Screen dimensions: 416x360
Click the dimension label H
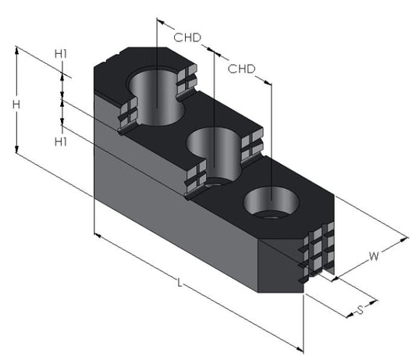[16, 105]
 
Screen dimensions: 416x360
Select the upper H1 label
[61, 54]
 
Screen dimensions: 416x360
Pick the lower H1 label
[61, 142]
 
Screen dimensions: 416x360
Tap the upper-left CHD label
[187, 37]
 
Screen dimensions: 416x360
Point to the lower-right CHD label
[241, 69]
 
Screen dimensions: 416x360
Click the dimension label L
[180, 283]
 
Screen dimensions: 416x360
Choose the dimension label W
[374, 256]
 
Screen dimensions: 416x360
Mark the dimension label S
[360, 310]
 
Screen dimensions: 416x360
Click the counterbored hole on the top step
[156, 96]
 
